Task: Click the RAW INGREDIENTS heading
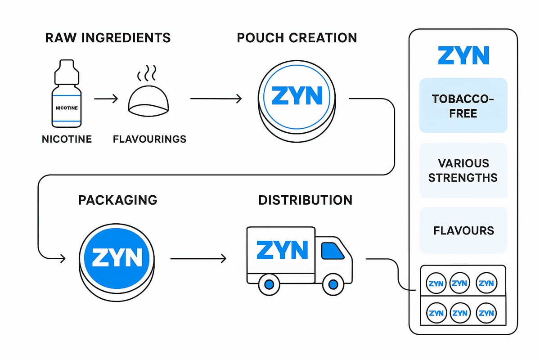(108, 37)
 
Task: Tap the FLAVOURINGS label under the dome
(149, 139)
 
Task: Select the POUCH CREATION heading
(297, 37)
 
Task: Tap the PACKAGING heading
(117, 200)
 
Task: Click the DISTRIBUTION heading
(305, 200)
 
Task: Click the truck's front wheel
(333, 284)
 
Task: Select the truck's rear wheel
(269, 284)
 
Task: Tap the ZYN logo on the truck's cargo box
(282, 250)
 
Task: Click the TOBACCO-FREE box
(463, 106)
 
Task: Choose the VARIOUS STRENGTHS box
(463, 170)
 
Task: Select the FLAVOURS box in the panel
(463, 230)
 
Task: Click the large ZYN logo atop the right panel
(463, 55)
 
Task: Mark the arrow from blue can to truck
(198, 259)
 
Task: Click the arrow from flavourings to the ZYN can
(216, 98)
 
